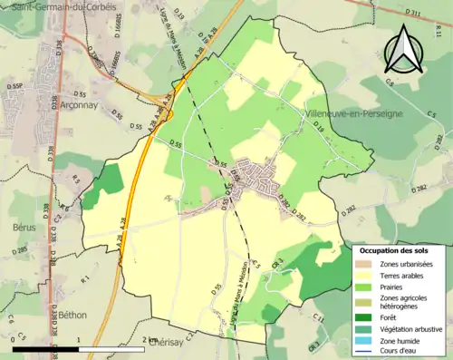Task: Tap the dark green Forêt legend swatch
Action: coord(364,317)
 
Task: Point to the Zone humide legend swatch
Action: coord(364,342)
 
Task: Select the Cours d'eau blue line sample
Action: coord(364,354)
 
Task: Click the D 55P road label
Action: coord(14,86)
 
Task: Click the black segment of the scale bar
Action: coord(44,347)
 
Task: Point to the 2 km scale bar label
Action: coord(150,338)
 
